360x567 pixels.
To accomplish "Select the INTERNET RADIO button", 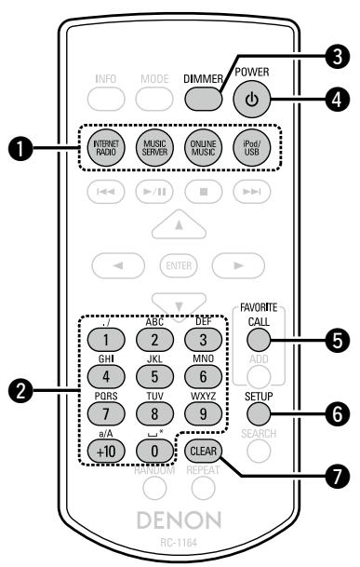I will coord(104,152).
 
